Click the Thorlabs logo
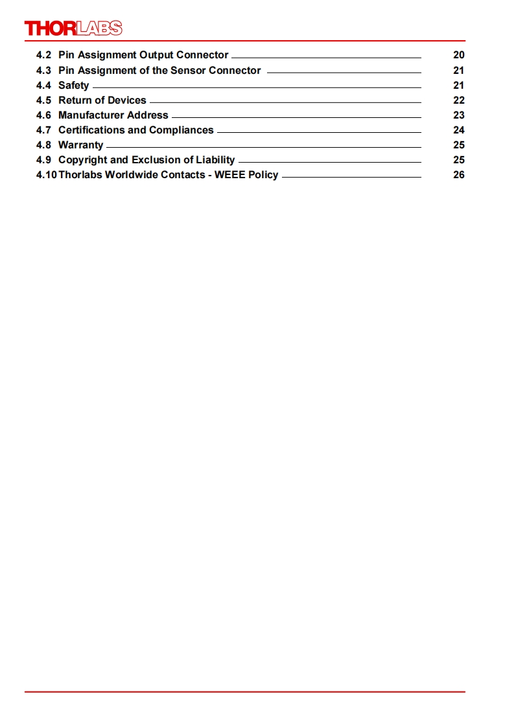click(x=73, y=28)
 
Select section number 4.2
click(x=43, y=55)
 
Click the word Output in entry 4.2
click(x=156, y=55)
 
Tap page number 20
click(x=458, y=55)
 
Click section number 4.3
click(x=43, y=70)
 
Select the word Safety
click(x=74, y=86)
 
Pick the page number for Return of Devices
click(x=458, y=100)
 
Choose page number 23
click(x=458, y=115)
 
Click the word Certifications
click(x=91, y=130)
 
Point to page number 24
click(x=458, y=130)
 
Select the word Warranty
click(x=80, y=145)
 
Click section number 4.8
click(x=43, y=145)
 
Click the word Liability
click(x=215, y=160)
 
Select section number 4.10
click(x=46, y=175)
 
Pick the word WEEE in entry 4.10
click(x=229, y=175)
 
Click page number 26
click(x=458, y=175)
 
